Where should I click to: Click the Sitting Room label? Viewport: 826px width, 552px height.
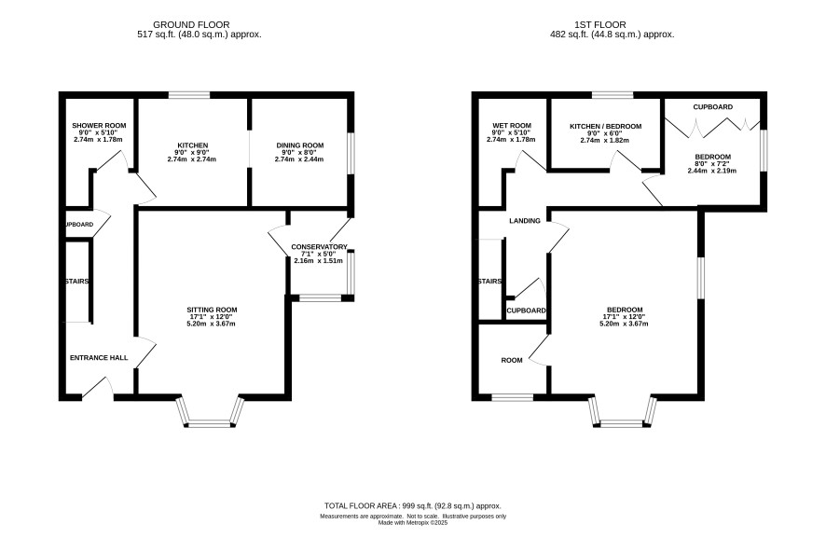pyautogui.click(x=212, y=310)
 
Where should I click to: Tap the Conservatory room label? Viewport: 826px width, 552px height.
pyautogui.click(x=319, y=246)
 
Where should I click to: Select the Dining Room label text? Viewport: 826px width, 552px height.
pyautogui.click(x=300, y=145)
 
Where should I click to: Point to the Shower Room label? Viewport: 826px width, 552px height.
pyautogui.click(x=99, y=125)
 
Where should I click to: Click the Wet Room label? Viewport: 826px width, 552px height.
pyautogui.click(x=511, y=125)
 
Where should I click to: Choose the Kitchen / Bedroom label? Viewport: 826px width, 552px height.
pyautogui.click(x=605, y=127)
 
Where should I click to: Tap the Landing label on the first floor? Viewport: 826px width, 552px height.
pyautogui.click(x=525, y=221)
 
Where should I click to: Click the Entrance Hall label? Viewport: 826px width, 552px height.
pyautogui.click(x=99, y=358)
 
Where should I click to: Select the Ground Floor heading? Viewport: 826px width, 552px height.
pyautogui.click(x=191, y=25)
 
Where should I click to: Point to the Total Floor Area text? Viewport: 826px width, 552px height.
pyautogui.click(x=412, y=505)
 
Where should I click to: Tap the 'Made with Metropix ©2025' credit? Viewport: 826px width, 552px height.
pyautogui.click(x=413, y=523)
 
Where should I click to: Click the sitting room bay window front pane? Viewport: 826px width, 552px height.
pyautogui.click(x=210, y=423)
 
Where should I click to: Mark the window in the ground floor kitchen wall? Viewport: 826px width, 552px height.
pyautogui.click(x=189, y=95)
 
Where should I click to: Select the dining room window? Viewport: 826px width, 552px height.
pyautogui.click(x=351, y=153)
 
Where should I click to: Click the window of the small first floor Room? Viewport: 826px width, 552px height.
pyautogui.click(x=512, y=397)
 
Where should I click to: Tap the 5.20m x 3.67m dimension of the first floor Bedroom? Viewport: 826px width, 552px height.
pyautogui.click(x=624, y=324)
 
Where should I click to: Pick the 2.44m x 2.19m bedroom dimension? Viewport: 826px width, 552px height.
pyautogui.click(x=713, y=171)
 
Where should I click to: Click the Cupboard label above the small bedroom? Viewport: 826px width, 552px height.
pyautogui.click(x=713, y=107)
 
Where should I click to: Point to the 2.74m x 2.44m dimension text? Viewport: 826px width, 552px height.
pyautogui.click(x=299, y=159)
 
